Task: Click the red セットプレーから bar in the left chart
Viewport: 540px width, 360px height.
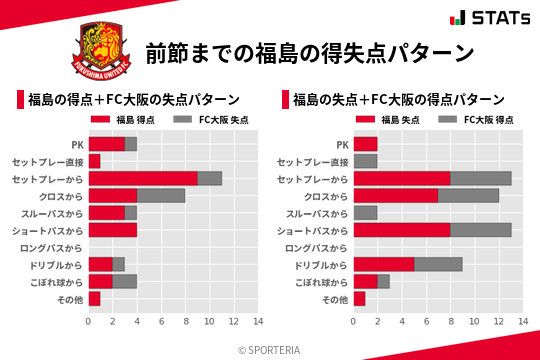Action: [142, 178]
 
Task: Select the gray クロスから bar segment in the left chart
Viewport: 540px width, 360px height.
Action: [160, 195]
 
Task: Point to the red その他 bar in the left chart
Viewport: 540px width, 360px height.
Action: [94, 299]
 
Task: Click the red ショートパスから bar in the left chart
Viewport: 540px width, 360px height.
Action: [112, 230]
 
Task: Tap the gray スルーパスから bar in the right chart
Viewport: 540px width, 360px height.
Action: [365, 213]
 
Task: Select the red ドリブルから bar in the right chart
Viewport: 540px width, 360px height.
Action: [383, 264]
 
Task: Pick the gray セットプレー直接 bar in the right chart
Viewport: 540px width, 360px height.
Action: [365, 161]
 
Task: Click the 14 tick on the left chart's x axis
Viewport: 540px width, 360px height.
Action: [257, 322]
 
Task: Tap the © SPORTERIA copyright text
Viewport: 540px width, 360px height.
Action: [270, 349]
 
